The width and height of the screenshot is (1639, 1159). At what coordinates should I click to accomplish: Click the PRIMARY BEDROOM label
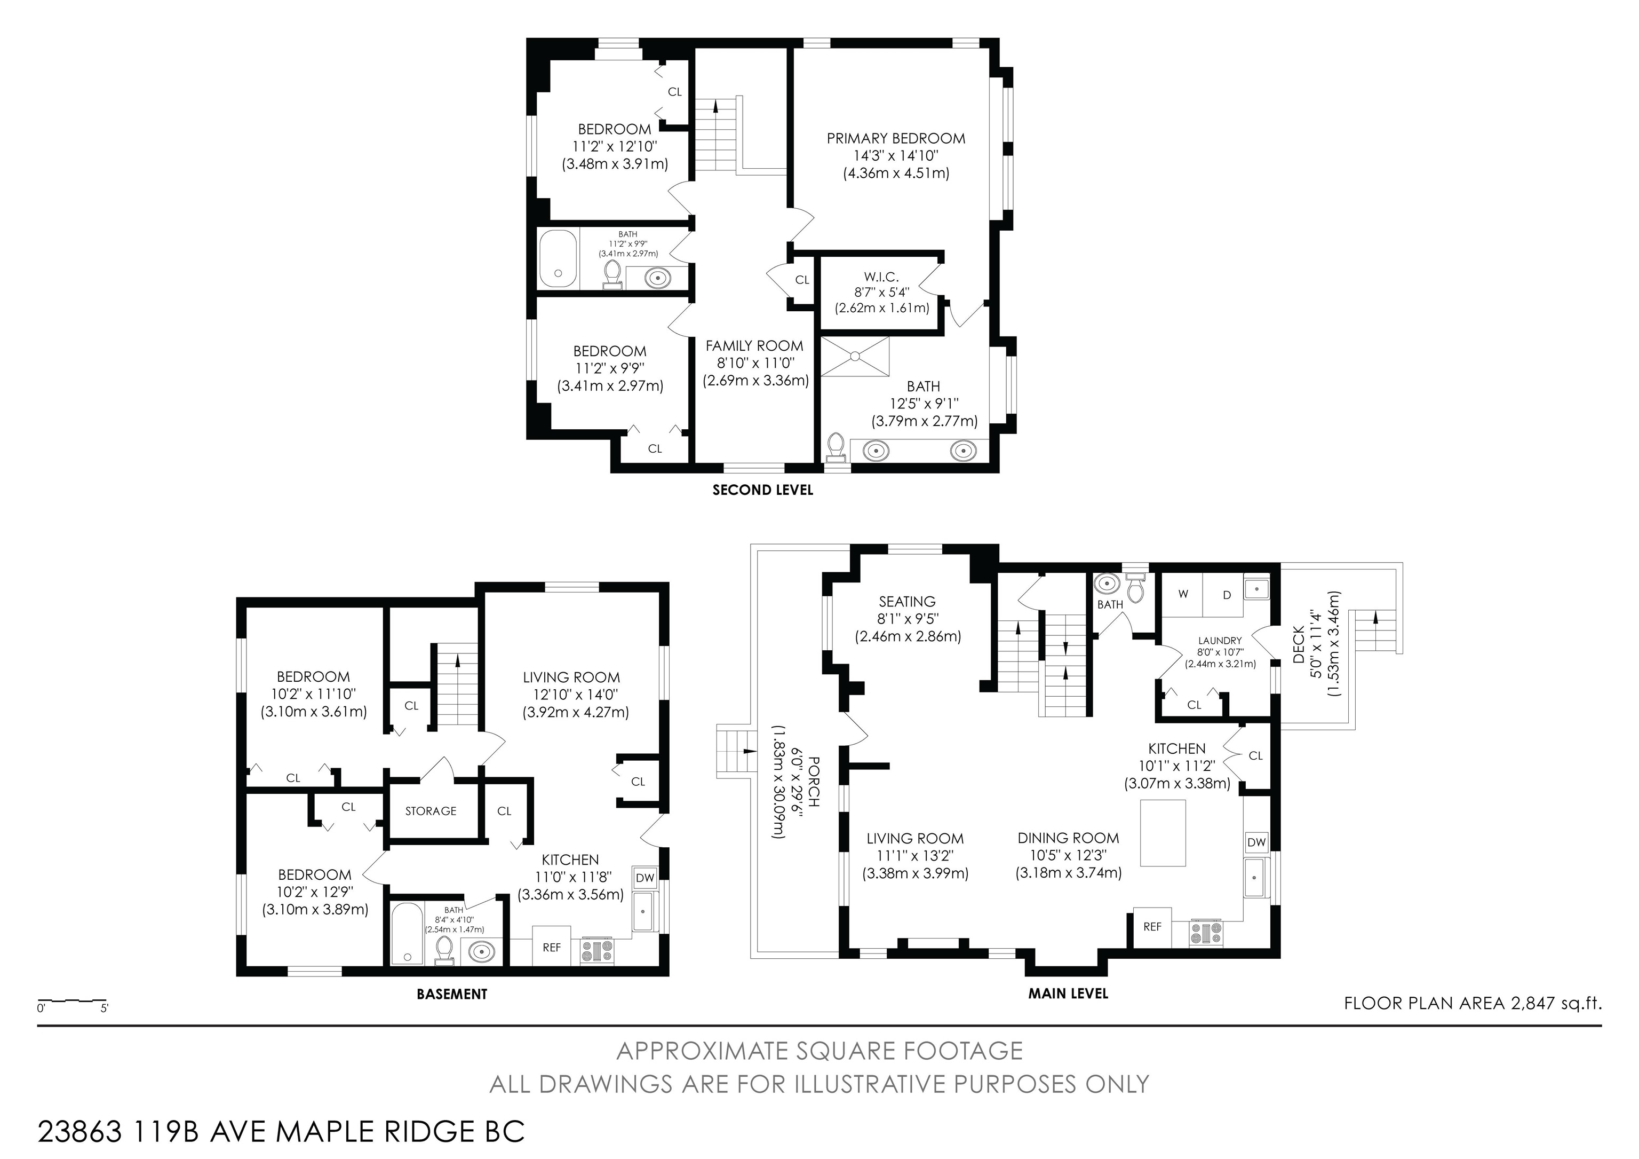pos(896,139)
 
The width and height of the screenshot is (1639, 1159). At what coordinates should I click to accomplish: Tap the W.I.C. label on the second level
pos(881,277)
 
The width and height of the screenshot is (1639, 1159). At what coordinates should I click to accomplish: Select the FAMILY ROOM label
pos(754,345)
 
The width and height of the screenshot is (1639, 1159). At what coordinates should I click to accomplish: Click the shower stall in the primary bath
pos(855,356)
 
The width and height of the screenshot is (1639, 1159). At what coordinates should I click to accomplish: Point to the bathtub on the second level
pos(558,258)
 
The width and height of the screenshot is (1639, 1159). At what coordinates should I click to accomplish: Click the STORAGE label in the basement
pos(431,810)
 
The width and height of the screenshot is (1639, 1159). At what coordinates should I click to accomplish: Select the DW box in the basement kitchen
pos(645,878)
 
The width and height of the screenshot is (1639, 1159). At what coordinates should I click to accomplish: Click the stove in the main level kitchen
pos(1205,933)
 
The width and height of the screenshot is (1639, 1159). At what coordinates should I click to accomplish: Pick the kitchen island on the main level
pos(1163,833)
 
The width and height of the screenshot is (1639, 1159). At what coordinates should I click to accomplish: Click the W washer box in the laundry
pos(1183,595)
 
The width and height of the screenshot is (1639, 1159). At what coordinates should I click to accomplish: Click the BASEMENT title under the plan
pos(452,994)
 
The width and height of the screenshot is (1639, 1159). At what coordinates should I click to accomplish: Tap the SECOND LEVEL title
pos(762,490)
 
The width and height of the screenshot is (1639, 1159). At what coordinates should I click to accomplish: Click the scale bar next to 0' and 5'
pos(72,1001)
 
